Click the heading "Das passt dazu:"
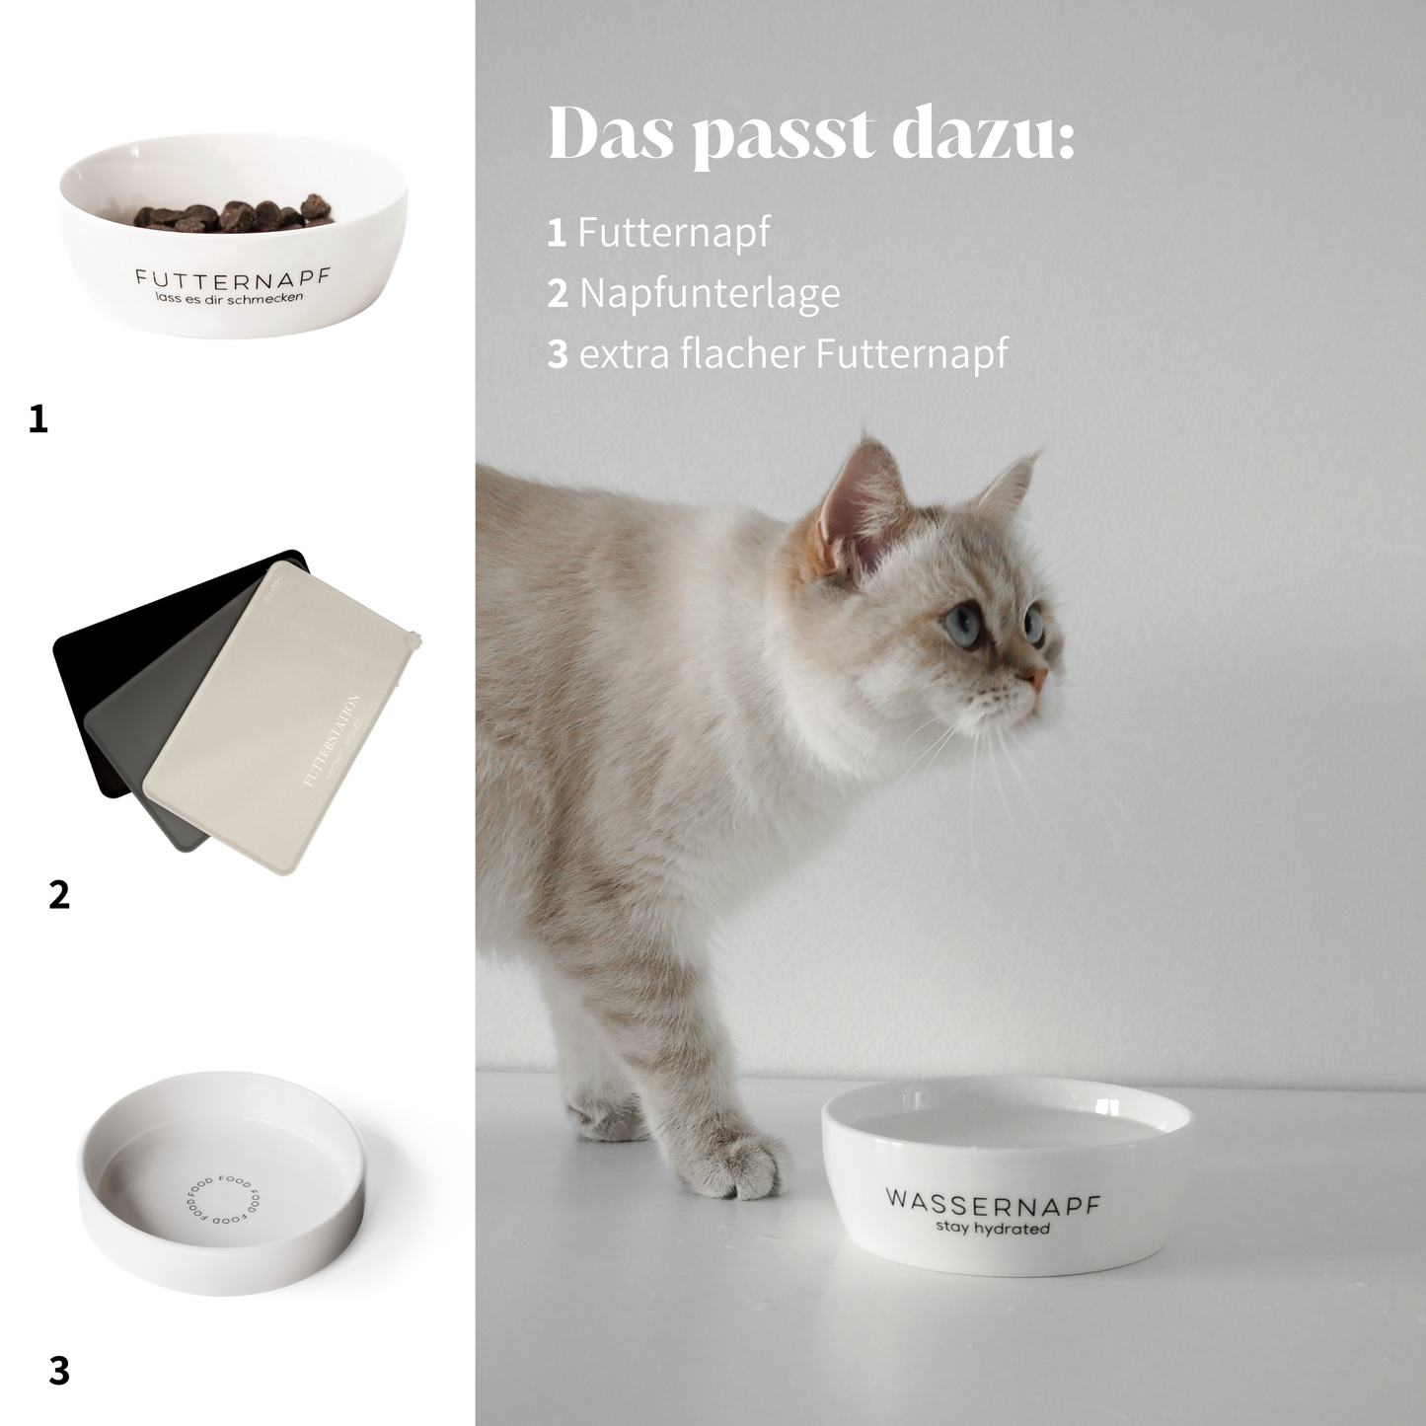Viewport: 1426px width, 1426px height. click(x=810, y=134)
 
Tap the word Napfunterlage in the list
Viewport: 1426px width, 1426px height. click(x=710, y=293)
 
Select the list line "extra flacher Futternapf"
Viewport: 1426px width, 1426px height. click(x=793, y=353)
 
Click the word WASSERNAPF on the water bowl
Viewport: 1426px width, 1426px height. click(x=992, y=1203)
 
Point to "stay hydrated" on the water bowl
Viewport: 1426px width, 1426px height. click(x=992, y=1229)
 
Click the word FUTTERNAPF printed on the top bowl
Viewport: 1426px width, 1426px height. click(x=232, y=277)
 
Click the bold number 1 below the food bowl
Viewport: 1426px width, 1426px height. click(x=38, y=420)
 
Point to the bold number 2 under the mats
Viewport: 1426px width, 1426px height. click(x=59, y=895)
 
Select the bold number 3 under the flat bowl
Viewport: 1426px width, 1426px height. click(x=59, y=1371)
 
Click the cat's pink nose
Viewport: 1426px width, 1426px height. click(x=1039, y=680)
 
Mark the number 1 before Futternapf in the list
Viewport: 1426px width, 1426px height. click(x=557, y=233)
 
